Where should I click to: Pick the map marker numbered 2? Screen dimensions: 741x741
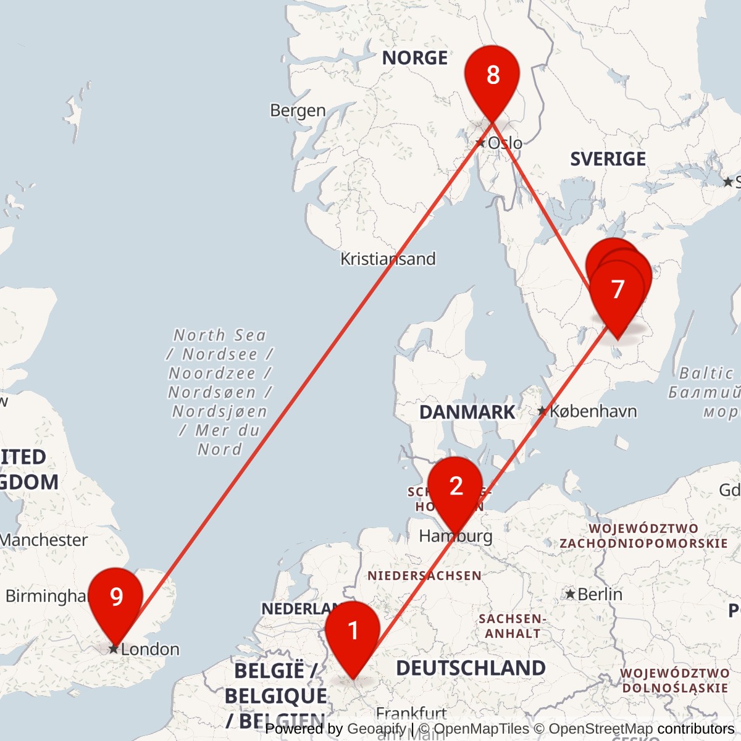click(x=456, y=488)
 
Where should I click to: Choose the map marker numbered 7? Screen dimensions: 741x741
click(x=617, y=291)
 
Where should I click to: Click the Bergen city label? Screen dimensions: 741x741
click(x=298, y=111)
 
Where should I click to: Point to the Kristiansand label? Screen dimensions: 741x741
click(x=388, y=259)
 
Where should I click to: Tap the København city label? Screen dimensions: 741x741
click(x=593, y=411)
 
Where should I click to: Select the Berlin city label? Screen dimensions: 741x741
click(x=600, y=594)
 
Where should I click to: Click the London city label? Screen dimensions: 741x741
click(x=150, y=649)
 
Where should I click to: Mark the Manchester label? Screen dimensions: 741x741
click(x=43, y=540)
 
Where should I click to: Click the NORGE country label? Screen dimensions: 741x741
click(x=414, y=58)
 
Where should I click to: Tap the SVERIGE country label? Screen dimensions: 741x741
click(x=608, y=159)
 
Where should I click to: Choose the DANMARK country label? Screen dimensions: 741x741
click(x=467, y=412)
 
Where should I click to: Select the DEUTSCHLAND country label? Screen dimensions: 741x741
click(x=471, y=668)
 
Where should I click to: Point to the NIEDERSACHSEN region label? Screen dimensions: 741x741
click(x=424, y=576)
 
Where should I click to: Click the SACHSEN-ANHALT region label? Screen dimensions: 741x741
click(x=512, y=626)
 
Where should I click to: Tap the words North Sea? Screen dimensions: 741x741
click(x=219, y=335)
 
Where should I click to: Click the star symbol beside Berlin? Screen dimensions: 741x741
click(x=571, y=594)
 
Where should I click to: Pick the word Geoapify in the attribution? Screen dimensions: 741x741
click(x=376, y=729)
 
